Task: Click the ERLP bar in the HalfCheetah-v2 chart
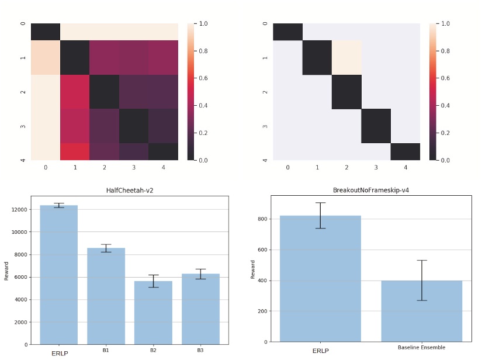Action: click(58, 275)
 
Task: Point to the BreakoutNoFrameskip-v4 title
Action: click(370, 191)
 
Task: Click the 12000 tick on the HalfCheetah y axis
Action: click(19, 209)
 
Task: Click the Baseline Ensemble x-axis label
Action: click(421, 348)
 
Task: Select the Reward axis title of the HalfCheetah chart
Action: click(6, 271)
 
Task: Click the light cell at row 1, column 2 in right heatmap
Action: click(346, 58)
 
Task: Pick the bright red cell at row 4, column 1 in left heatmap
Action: click(75, 151)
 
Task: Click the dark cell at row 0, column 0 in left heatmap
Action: click(46, 32)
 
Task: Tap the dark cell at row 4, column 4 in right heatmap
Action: click(405, 151)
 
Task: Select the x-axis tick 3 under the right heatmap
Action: click(376, 167)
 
